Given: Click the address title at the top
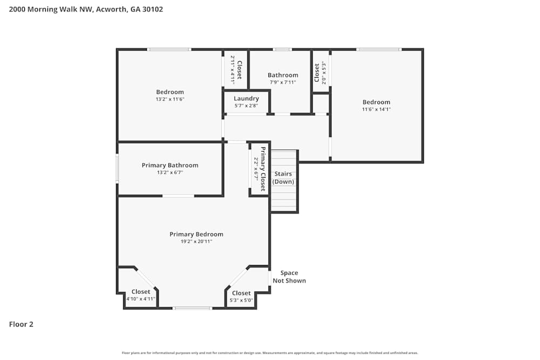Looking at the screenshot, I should point(86,9).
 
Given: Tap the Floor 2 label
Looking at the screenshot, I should point(21,324).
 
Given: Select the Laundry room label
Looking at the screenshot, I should point(246,98).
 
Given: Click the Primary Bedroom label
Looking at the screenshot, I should point(196,234).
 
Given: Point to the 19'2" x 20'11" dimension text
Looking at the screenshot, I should point(196,242).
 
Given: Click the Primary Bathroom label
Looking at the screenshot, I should point(170,165).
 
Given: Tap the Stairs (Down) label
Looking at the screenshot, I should point(283,178).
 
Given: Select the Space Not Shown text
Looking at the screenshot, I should point(289,277).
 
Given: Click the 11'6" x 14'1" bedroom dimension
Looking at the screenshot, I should point(376,109).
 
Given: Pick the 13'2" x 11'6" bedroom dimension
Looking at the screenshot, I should point(170,99).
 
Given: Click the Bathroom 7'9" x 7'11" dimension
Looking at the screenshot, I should point(283,83).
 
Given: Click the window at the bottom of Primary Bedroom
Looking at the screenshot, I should point(192,308).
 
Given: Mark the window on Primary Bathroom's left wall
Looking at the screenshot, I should point(117,168).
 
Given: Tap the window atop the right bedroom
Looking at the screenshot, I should point(379,50).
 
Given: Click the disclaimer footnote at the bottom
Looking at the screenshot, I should point(270,353).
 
